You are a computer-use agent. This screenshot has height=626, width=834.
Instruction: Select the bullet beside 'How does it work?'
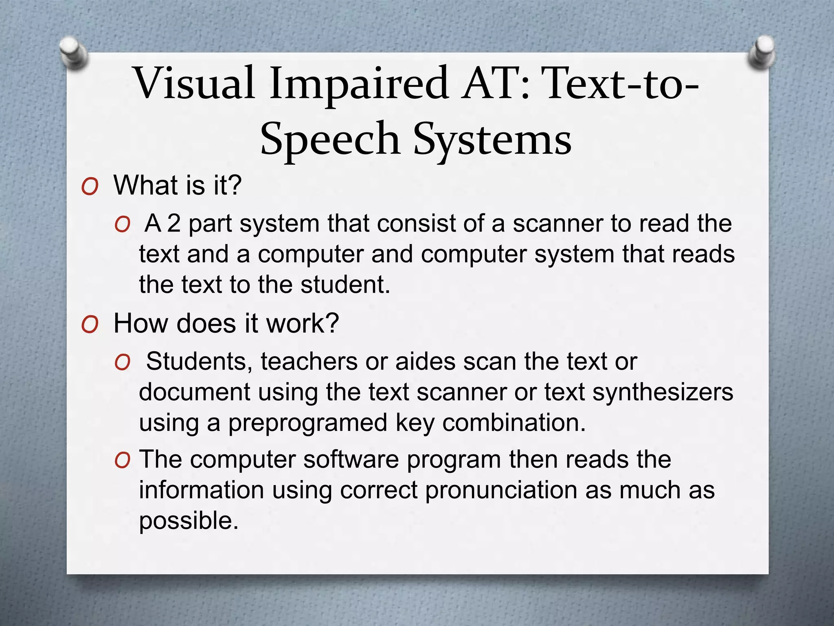click(90, 325)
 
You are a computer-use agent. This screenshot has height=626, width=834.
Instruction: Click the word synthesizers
click(663, 392)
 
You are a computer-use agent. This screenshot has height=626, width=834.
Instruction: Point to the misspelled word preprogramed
click(307, 423)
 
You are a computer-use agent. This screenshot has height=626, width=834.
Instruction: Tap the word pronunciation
click(501, 490)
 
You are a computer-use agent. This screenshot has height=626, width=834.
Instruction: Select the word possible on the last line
click(188, 521)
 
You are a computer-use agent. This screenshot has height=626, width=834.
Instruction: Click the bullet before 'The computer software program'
click(122, 461)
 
